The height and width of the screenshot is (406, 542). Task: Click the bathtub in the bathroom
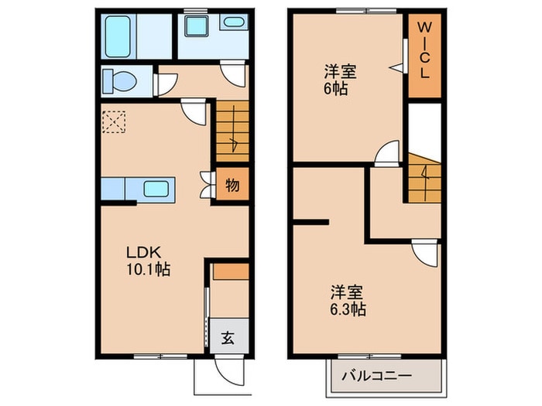click(118, 36)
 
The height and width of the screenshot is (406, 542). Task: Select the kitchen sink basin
click(156, 189)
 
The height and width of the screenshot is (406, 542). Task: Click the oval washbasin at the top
click(233, 22)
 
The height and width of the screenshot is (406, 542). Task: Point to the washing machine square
click(197, 26)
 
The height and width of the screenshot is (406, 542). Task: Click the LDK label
click(143, 253)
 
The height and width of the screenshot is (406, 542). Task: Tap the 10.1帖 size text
click(149, 269)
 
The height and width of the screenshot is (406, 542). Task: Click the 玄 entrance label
click(228, 338)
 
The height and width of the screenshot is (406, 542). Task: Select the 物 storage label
click(232, 186)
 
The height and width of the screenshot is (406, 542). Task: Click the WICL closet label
click(424, 50)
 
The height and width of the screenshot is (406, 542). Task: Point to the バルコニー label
click(377, 375)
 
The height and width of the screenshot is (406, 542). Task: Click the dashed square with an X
click(114, 121)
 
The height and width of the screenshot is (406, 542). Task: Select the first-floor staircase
click(232, 131)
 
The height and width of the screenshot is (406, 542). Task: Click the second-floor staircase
click(425, 178)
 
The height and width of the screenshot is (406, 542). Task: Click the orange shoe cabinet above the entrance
click(231, 271)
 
